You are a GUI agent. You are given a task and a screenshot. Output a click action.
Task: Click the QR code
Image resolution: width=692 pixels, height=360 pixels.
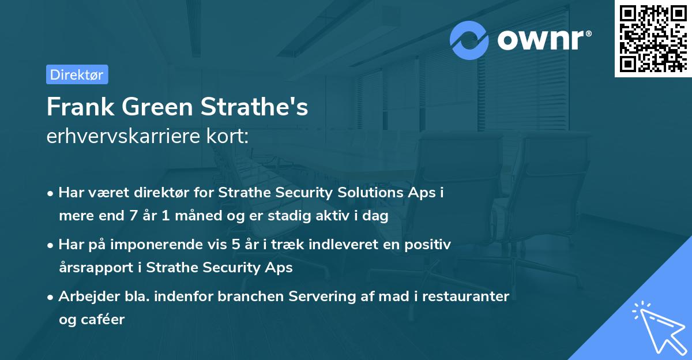(653, 38)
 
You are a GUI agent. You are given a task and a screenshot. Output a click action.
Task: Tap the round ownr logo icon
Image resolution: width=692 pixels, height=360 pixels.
(469, 40)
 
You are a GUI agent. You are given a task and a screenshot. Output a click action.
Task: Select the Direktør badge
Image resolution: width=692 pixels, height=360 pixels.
(77, 74)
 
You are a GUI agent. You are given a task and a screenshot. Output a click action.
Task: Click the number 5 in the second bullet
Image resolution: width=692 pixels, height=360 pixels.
(235, 245)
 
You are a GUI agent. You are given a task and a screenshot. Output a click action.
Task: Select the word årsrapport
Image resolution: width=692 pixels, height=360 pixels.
(93, 268)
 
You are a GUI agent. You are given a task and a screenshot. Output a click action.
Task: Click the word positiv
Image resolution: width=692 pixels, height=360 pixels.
(430, 245)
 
